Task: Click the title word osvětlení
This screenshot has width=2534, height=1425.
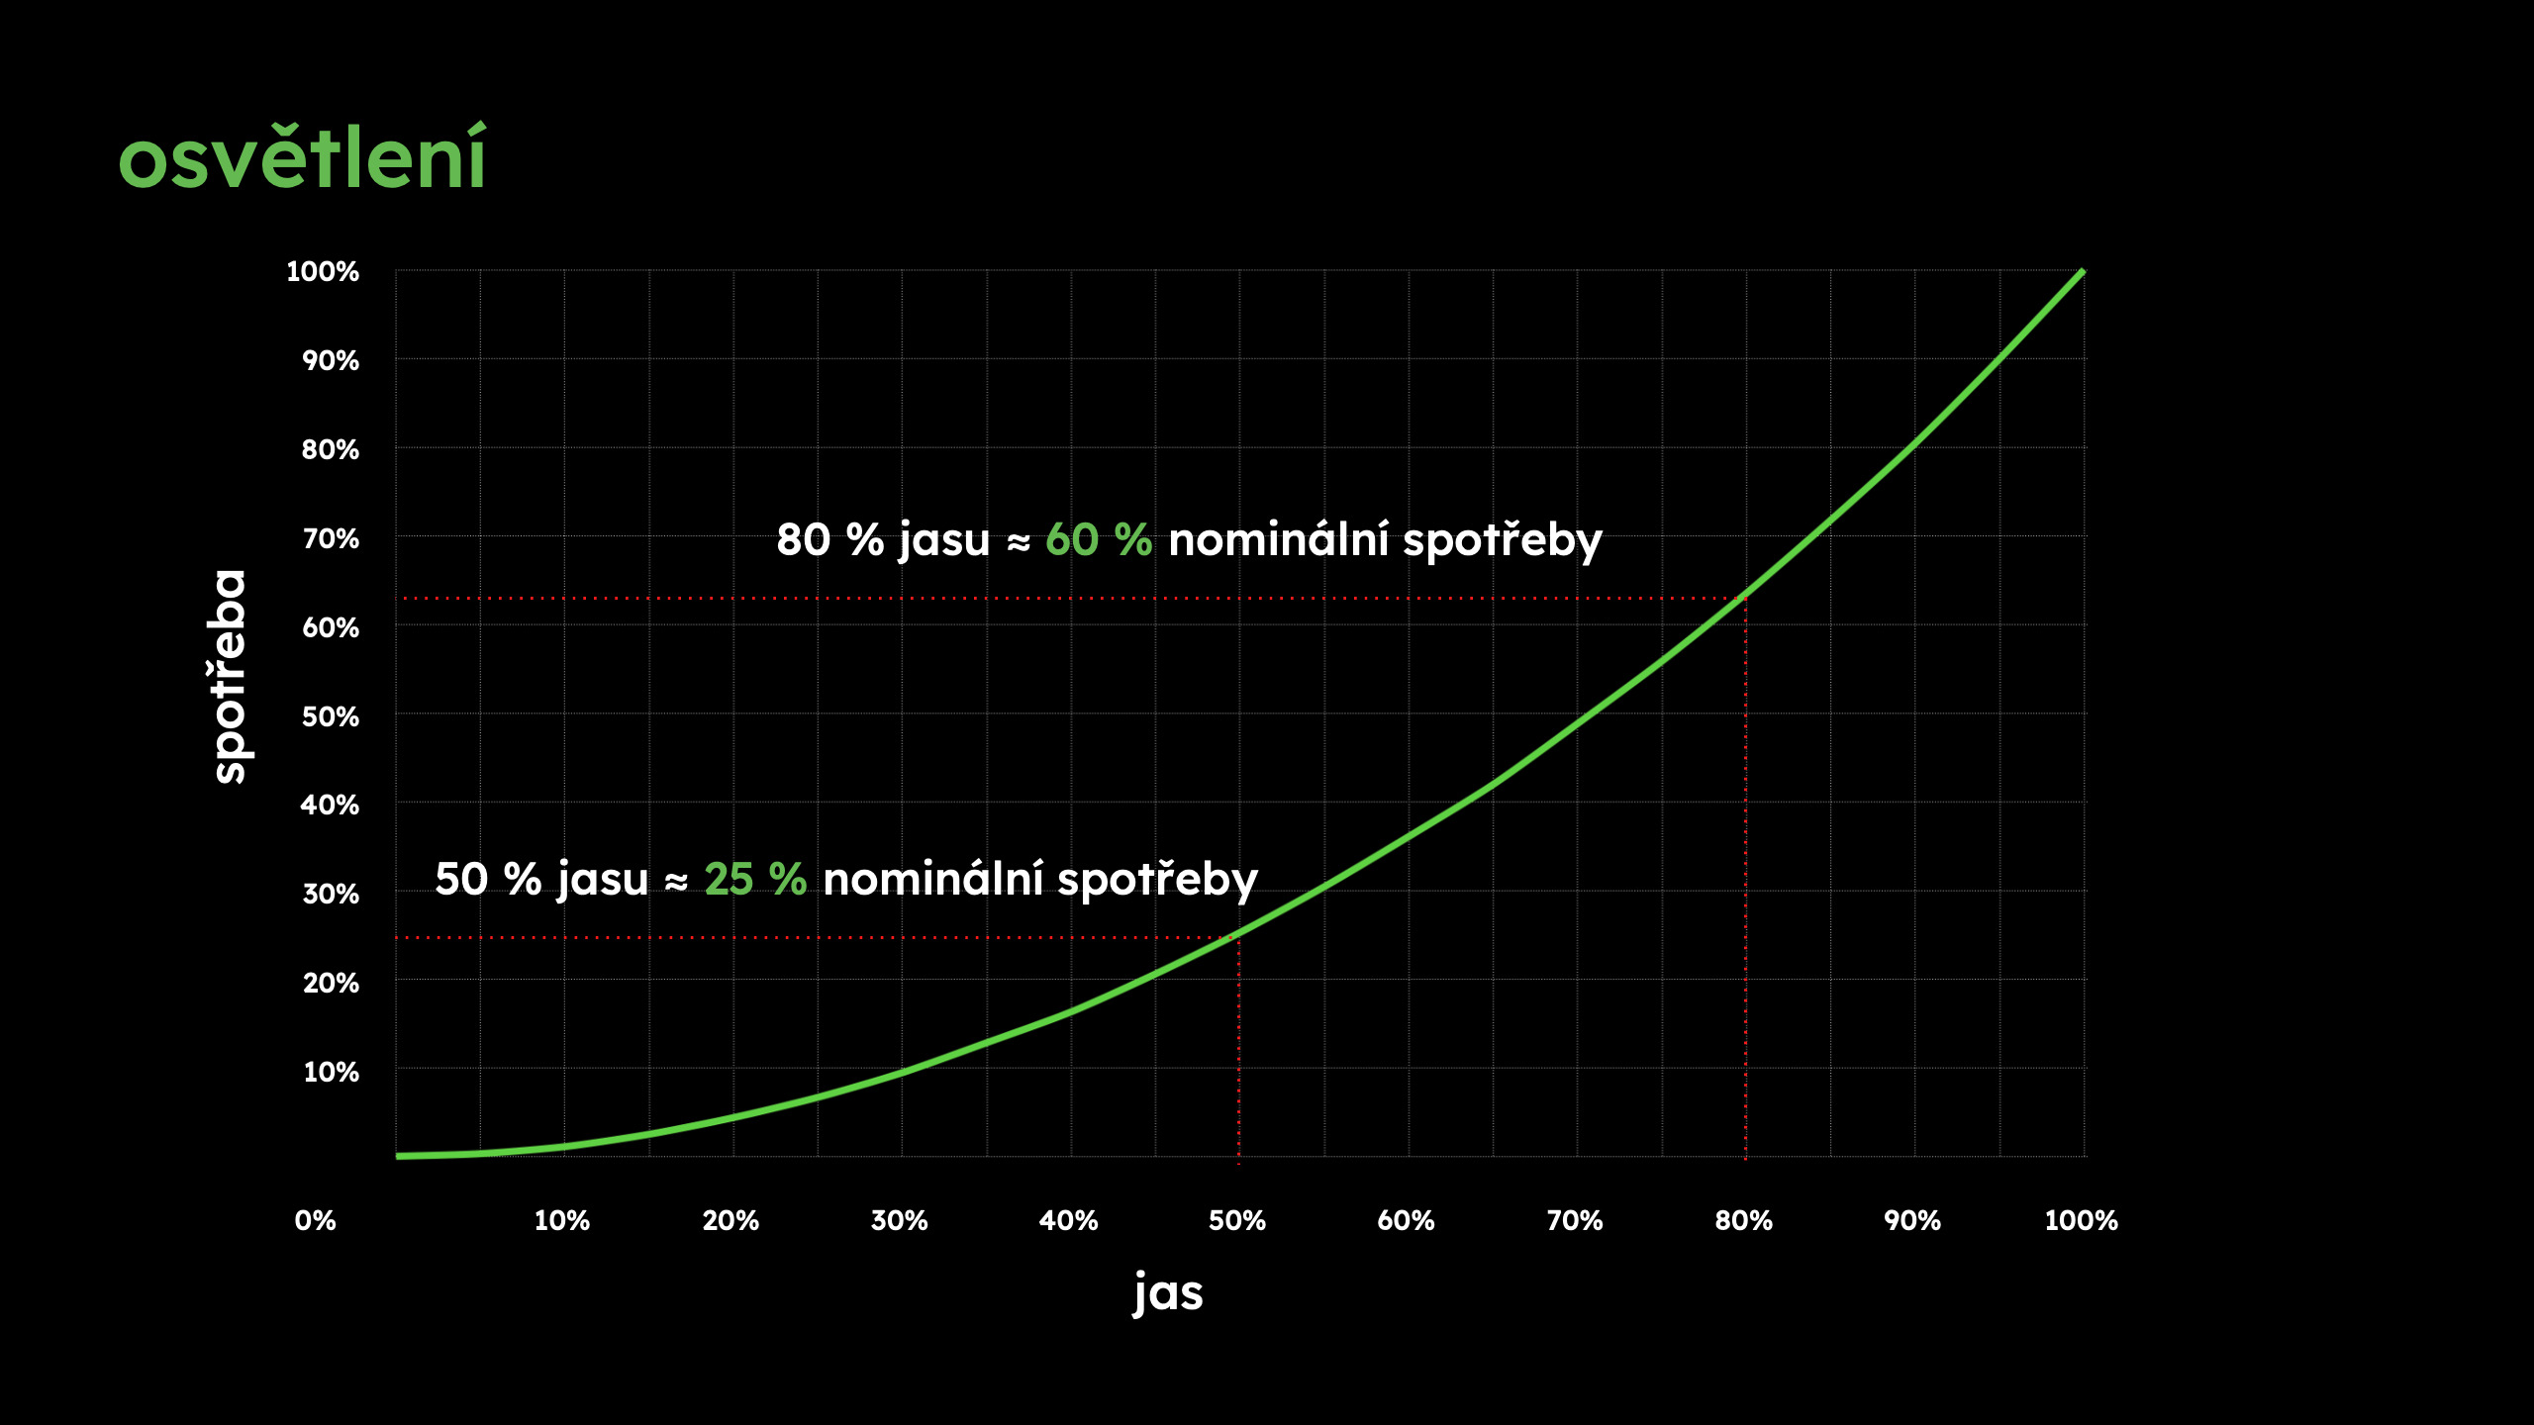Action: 302,158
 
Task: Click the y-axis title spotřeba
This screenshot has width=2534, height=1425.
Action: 230,677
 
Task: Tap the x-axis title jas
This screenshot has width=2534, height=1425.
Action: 1168,1292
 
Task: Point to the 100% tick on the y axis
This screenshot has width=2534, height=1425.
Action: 323,271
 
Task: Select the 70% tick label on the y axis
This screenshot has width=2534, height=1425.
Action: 331,538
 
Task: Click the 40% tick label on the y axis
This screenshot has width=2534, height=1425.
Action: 330,805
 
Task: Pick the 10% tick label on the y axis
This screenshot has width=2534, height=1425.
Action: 331,1072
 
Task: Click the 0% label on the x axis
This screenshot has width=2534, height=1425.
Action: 316,1220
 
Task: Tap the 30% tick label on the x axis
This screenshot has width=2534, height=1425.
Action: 899,1220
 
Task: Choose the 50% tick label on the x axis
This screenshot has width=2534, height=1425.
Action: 1237,1220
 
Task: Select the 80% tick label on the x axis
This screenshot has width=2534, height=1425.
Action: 1743,1220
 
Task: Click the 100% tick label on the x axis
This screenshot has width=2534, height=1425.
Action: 2081,1220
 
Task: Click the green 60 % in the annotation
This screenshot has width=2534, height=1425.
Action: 1099,540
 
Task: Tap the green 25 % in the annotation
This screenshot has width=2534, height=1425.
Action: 755,879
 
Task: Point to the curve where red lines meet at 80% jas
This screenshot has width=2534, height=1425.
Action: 1745,597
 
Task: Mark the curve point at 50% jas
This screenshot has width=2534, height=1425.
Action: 1238,935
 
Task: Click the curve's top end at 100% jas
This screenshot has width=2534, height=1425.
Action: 2083,271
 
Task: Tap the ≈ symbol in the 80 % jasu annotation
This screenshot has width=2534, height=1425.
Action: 1019,542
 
